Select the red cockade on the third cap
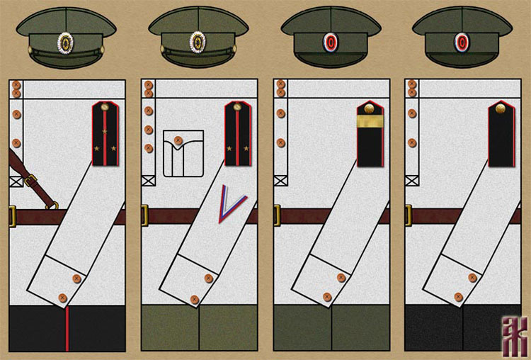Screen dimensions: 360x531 (329, 43)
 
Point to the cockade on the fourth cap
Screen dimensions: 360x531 (461, 43)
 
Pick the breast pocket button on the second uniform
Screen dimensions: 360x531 (178, 140)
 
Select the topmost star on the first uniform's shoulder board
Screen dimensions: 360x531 (105, 132)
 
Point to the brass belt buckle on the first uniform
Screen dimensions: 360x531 (12, 215)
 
